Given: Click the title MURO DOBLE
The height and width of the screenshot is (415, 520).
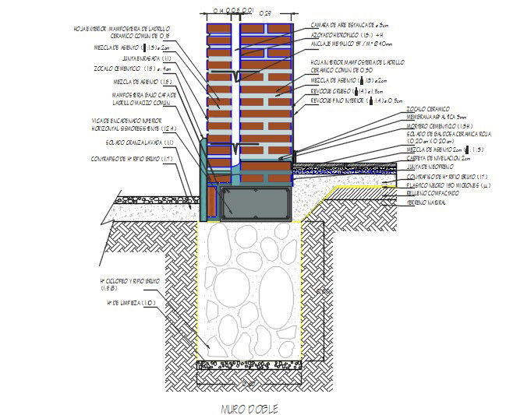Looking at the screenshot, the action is tap(249, 408).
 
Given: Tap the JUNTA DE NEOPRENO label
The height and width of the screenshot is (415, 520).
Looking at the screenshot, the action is tap(429, 167).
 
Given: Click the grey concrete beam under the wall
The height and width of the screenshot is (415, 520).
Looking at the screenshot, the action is tap(256, 202).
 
